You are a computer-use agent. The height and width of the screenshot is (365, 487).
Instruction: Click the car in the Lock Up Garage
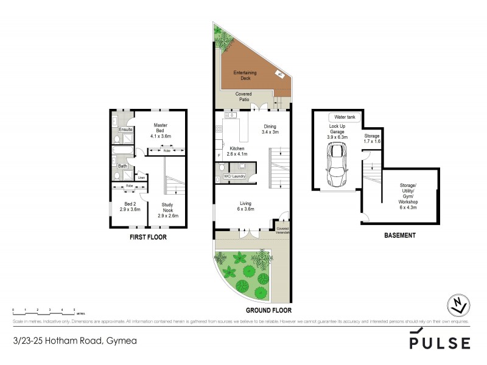pyautogui.click(x=335, y=168)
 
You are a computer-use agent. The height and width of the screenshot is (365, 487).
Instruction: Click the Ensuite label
pyautogui.click(x=126, y=130)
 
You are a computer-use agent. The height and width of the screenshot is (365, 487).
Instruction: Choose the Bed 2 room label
pyautogui.click(x=130, y=206)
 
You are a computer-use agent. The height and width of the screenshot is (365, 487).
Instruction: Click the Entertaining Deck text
pyautogui.click(x=245, y=75)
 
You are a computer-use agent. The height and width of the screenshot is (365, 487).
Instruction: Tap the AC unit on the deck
pyautogui.click(x=281, y=74)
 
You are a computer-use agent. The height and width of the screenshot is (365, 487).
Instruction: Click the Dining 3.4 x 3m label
pyautogui.click(x=270, y=129)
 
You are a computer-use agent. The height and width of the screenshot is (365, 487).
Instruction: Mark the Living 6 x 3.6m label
pyautogui.click(x=246, y=206)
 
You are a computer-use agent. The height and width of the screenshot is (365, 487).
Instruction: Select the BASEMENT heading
pyautogui.click(x=400, y=235)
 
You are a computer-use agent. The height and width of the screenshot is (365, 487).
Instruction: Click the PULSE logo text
pyautogui.click(x=440, y=343)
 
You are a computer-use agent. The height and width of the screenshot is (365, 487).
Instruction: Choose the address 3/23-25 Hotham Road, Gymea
pyautogui.click(x=74, y=341)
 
